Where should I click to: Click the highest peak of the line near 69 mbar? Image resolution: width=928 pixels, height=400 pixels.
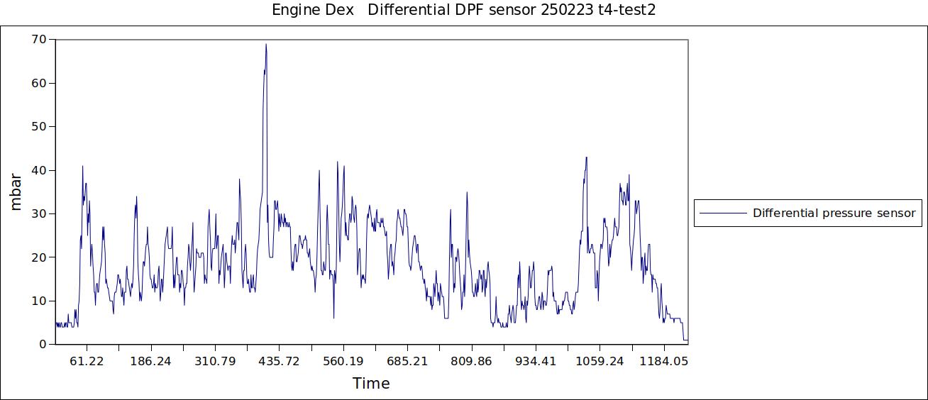(x=266, y=44)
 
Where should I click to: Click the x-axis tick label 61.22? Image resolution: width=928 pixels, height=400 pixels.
(x=87, y=361)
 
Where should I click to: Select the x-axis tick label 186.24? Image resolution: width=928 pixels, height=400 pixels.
(x=151, y=361)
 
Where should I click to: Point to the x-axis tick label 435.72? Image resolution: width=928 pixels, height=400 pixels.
(x=280, y=361)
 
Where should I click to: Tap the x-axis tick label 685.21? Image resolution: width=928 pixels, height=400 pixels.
(x=408, y=361)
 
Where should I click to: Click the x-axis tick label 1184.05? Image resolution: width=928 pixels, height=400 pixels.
(x=664, y=361)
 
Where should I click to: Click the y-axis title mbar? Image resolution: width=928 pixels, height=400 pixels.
(x=16, y=191)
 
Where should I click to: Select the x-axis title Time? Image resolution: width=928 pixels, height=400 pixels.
(x=371, y=384)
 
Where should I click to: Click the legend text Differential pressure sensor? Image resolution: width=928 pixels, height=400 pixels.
(x=834, y=213)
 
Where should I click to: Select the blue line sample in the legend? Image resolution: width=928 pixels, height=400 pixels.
(x=723, y=213)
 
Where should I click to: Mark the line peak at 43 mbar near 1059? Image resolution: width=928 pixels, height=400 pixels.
(x=586, y=157)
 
